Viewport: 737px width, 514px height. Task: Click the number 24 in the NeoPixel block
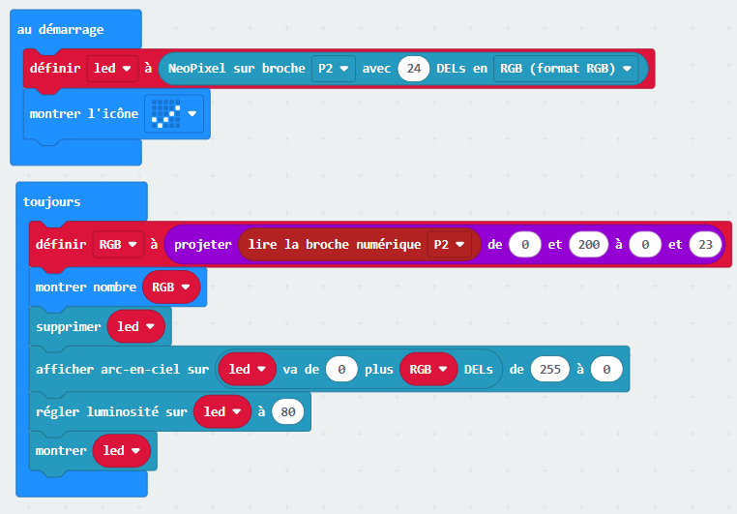[413, 69]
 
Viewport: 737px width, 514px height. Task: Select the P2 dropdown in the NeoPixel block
[334, 69]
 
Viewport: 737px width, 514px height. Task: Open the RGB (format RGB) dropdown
[566, 69]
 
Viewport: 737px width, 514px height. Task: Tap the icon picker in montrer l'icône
[174, 114]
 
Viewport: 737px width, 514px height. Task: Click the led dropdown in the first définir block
[112, 69]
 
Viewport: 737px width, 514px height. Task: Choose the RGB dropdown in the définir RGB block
[118, 245]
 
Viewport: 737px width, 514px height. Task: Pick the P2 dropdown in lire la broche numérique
[449, 245]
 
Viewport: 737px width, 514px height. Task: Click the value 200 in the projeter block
[588, 245]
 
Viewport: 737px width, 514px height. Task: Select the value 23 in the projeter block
[705, 245]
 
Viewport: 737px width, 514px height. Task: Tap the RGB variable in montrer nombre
[171, 287]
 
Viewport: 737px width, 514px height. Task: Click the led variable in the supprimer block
[135, 326]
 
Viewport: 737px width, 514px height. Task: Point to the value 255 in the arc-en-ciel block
[550, 370]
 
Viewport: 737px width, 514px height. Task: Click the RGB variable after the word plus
[428, 370]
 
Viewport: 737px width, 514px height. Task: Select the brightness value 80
[287, 412]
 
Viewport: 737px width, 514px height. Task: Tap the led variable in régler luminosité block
[222, 412]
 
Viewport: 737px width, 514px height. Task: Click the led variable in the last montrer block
[122, 450]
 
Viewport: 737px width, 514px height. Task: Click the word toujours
[51, 202]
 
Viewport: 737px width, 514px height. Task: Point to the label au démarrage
[60, 30]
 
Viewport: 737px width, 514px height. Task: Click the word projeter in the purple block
[202, 245]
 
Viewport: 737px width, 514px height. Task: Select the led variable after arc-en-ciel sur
[248, 370]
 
